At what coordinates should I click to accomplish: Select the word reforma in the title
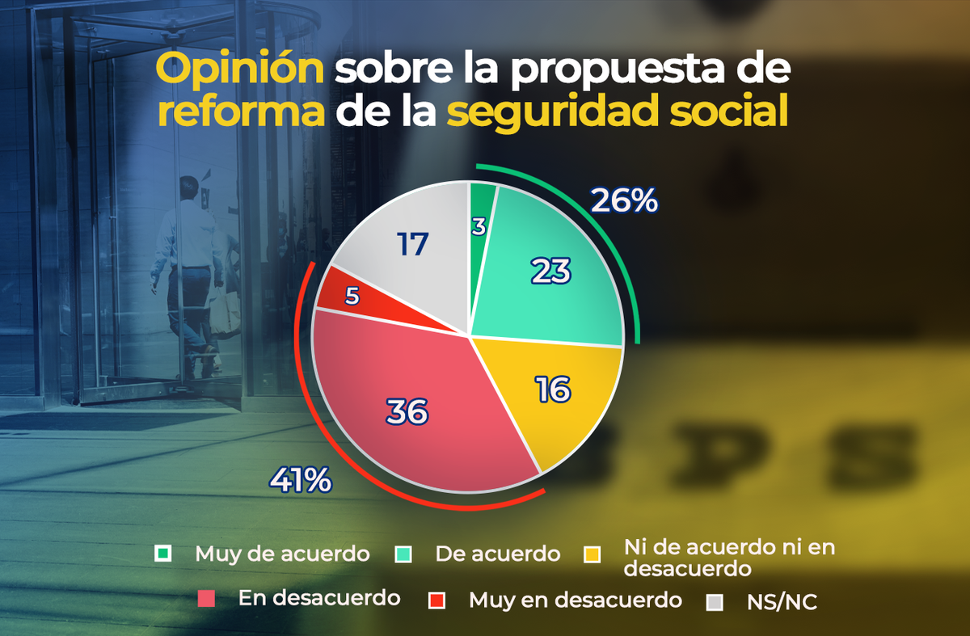[x=242, y=112]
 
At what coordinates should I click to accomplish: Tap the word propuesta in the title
[x=604, y=72]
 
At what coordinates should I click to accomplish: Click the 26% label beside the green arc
[x=624, y=200]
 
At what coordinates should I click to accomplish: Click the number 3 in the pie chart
[x=479, y=227]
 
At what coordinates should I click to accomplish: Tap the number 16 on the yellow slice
[x=553, y=390]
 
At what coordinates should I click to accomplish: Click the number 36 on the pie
[x=406, y=412]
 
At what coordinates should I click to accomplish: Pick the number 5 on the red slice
[x=352, y=297]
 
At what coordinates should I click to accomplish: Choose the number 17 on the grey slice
[x=413, y=244]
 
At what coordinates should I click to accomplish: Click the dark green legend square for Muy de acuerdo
[x=163, y=554]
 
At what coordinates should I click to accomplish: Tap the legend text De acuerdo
[x=497, y=554]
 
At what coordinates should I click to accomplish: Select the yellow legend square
[x=593, y=554]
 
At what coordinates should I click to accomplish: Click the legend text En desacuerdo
[x=319, y=598]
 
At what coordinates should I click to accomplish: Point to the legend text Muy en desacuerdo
[x=575, y=600]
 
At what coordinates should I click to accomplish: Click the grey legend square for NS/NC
[x=715, y=601]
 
